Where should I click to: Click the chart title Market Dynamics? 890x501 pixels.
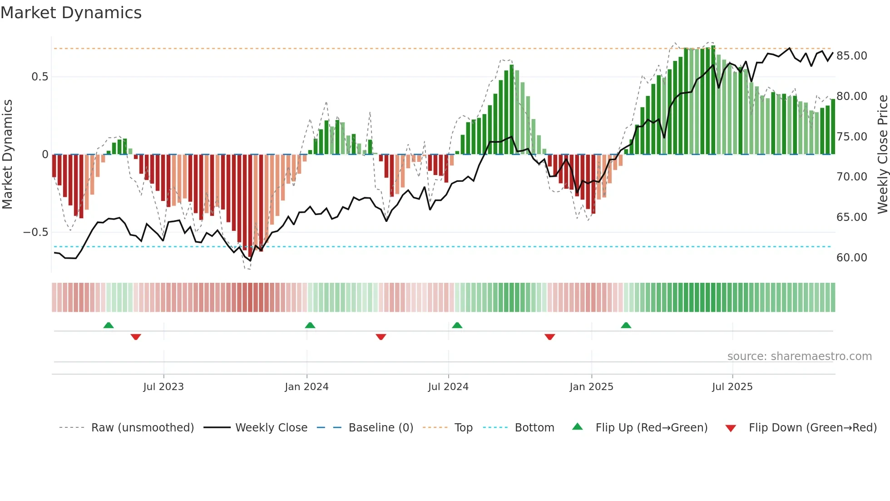[x=71, y=13]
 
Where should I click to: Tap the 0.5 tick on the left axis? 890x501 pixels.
[x=40, y=77]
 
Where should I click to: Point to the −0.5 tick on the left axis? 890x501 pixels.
[x=36, y=232]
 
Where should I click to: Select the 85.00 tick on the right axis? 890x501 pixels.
[x=851, y=56]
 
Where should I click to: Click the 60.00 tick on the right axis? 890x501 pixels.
[x=851, y=258]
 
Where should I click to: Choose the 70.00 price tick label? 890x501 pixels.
[x=851, y=177]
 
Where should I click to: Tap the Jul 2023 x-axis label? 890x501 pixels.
[x=163, y=387]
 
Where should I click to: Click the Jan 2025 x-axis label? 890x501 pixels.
[x=591, y=387]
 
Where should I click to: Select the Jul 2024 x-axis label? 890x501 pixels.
[x=448, y=387]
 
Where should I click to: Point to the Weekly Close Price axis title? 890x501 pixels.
[x=882, y=155]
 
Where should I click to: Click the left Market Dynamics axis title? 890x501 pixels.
[x=7, y=155]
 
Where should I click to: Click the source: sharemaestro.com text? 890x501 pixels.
[x=799, y=356]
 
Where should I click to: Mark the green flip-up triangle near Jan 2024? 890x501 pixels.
[x=310, y=326]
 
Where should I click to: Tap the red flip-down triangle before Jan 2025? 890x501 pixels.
[x=549, y=337]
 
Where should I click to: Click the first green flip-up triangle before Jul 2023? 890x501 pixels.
[x=109, y=326]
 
